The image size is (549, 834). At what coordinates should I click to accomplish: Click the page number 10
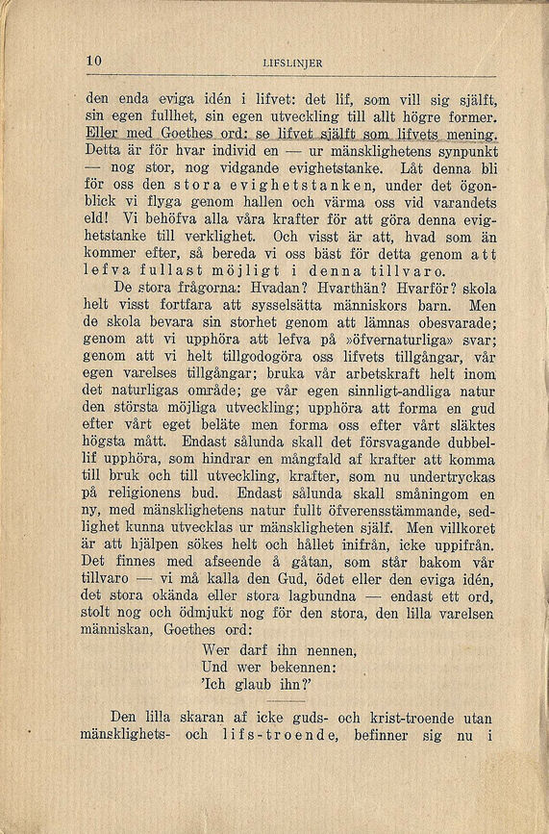[x=93, y=62]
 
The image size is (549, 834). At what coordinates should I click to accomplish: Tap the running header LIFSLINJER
[x=291, y=63]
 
